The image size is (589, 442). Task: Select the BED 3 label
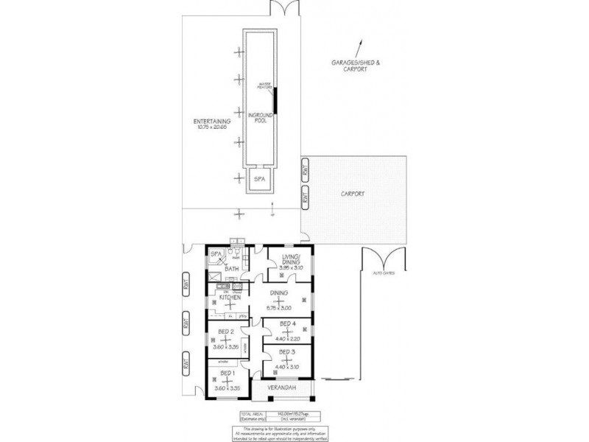(x=287, y=352)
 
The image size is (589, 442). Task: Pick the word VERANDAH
(x=281, y=388)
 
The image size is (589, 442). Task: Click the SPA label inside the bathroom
(x=216, y=255)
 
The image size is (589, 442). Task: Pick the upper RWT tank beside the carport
(x=303, y=172)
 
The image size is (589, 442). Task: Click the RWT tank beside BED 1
(x=186, y=363)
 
